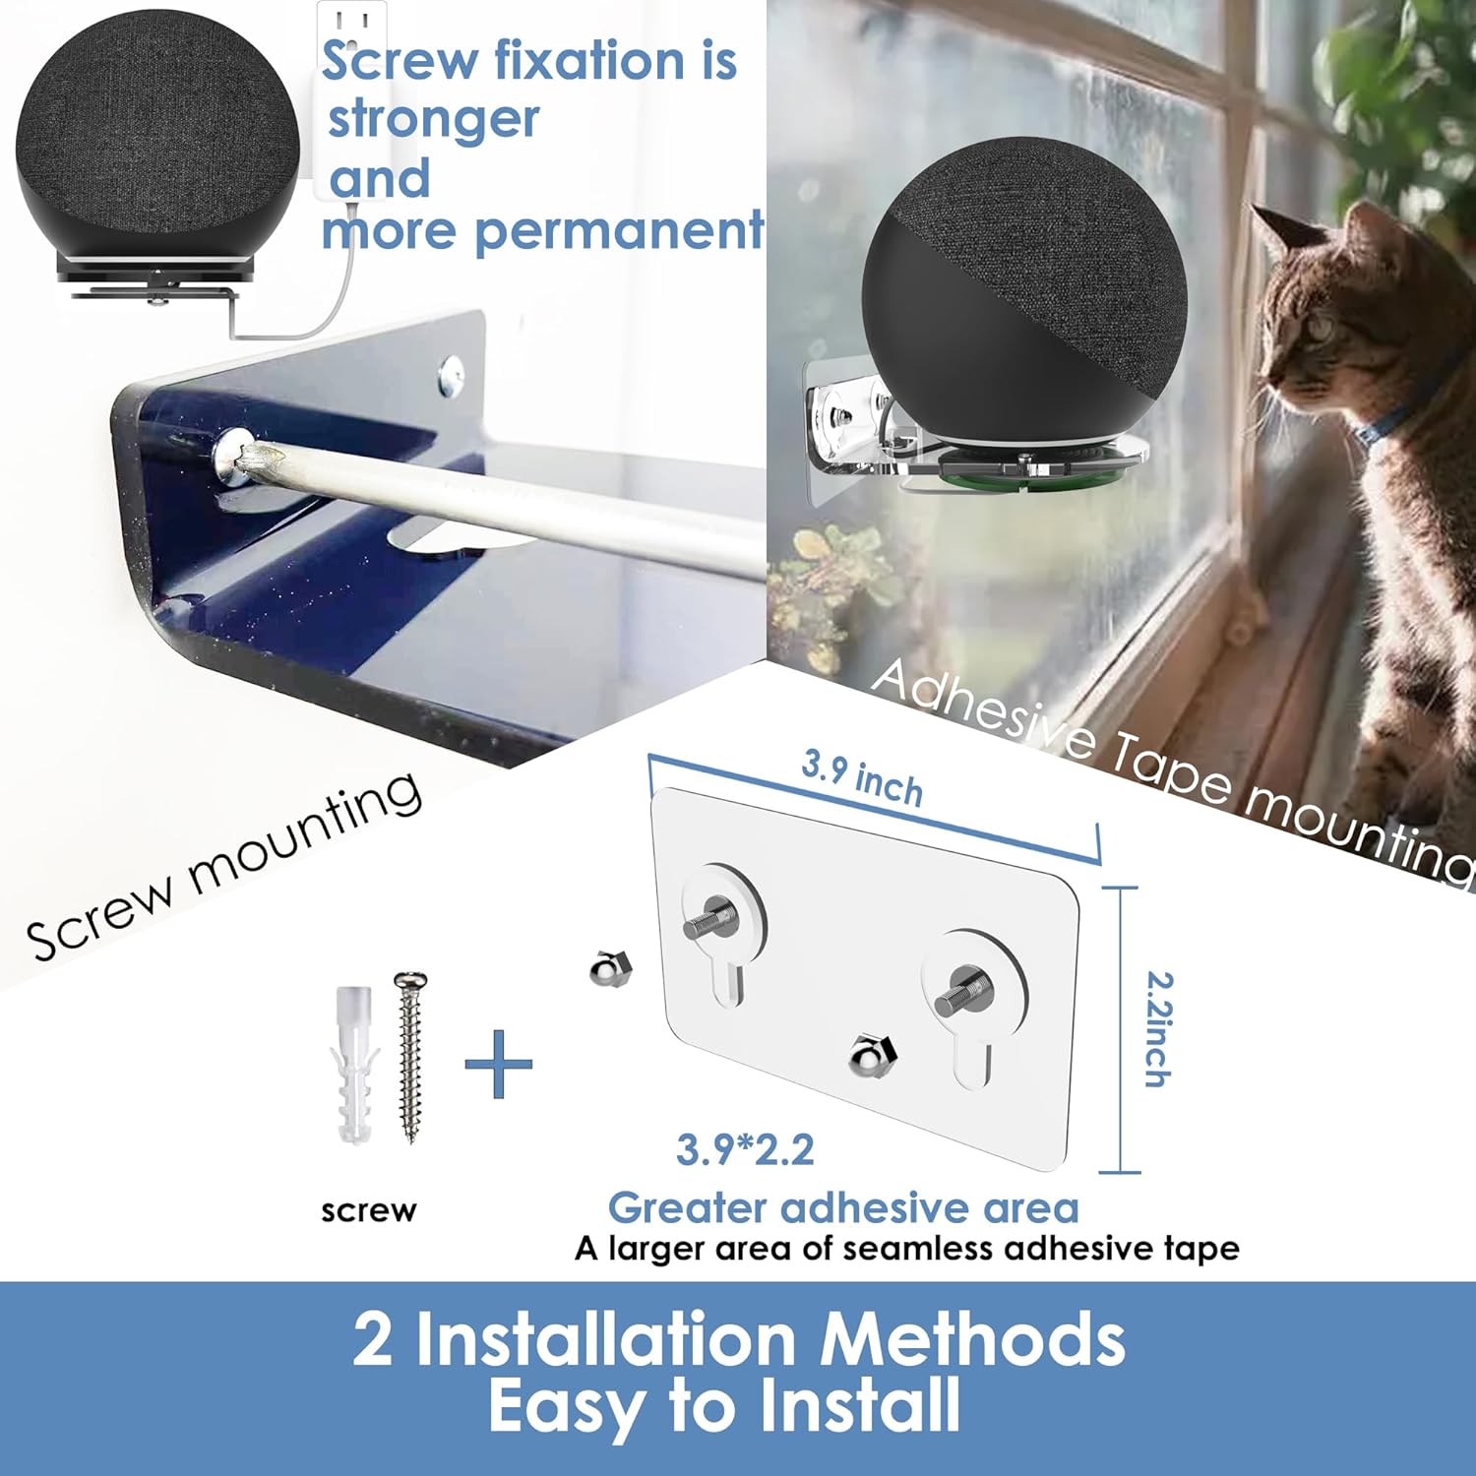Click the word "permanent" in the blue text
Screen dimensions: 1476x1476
click(x=619, y=232)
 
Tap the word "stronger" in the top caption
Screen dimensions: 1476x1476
click(x=433, y=119)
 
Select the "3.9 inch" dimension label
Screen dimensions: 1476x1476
click(x=862, y=777)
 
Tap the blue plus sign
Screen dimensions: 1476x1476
click(x=498, y=1064)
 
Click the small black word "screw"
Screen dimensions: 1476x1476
click(x=369, y=1210)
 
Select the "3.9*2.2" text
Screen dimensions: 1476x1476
click(x=745, y=1149)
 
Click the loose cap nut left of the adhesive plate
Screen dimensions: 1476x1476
click(x=610, y=971)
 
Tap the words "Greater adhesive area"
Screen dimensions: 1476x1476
click(x=843, y=1207)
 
